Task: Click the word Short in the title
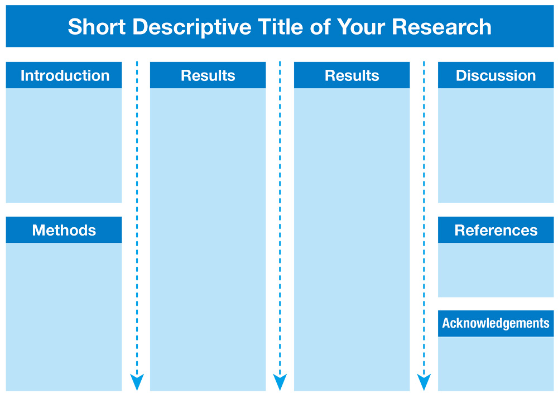pyautogui.click(x=97, y=27)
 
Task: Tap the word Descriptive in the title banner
pyautogui.click(x=192, y=27)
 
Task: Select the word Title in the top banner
pyautogui.click(x=281, y=27)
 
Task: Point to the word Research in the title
pyautogui.click(x=441, y=27)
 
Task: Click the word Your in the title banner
pyautogui.click(x=361, y=27)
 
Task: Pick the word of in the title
pyautogui.click(x=320, y=27)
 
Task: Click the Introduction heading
pyautogui.click(x=65, y=75)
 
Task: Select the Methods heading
pyautogui.click(x=64, y=231)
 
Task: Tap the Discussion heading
pyautogui.click(x=496, y=75)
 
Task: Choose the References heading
pyautogui.click(x=496, y=231)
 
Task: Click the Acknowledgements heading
pyautogui.click(x=496, y=323)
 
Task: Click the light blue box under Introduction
pyautogui.click(x=64, y=146)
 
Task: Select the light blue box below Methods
pyautogui.click(x=64, y=317)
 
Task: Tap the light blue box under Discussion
pyautogui.click(x=496, y=146)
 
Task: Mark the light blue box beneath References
pyautogui.click(x=496, y=270)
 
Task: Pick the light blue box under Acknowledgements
pyautogui.click(x=496, y=363)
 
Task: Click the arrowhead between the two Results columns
pyautogui.click(x=280, y=382)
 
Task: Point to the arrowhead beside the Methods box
pyautogui.click(x=137, y=382)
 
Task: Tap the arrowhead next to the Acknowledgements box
pyautogui.click(x=424, y=382)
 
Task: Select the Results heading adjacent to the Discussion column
pyautogui.click(x=352, y=75)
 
